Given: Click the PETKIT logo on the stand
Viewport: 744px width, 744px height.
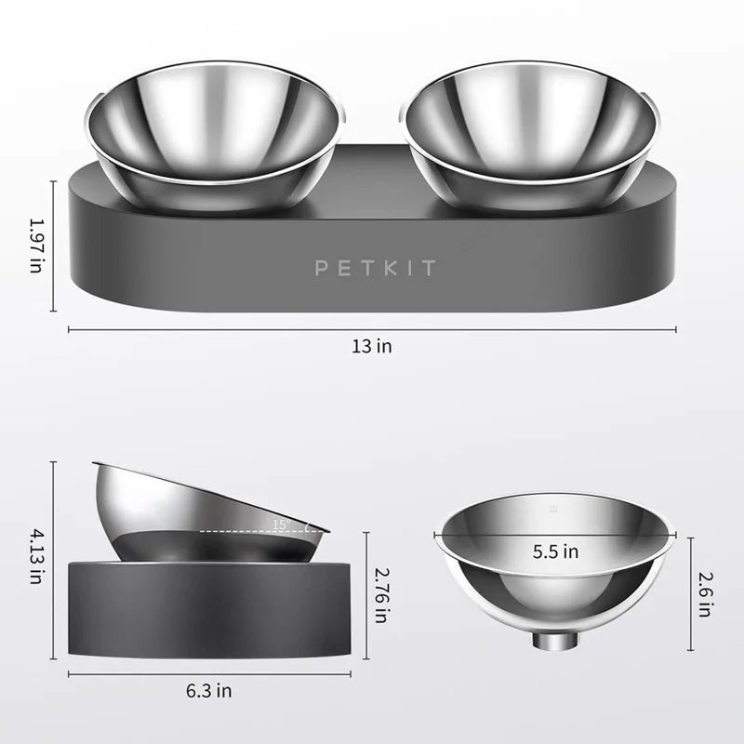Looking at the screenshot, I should pyautogui.click(x=375, y=269).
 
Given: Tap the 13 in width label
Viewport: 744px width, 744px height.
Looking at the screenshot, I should pyautogui.click(x=372, y=346).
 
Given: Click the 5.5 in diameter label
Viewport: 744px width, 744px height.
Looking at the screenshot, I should pyautogui.click(x=555, y=551).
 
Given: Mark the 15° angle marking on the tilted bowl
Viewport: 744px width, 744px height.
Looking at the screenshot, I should pyautogui.click(x=279, y=525).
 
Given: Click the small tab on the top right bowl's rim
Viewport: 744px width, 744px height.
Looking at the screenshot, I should pyautogui.click(x=645, y=95).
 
